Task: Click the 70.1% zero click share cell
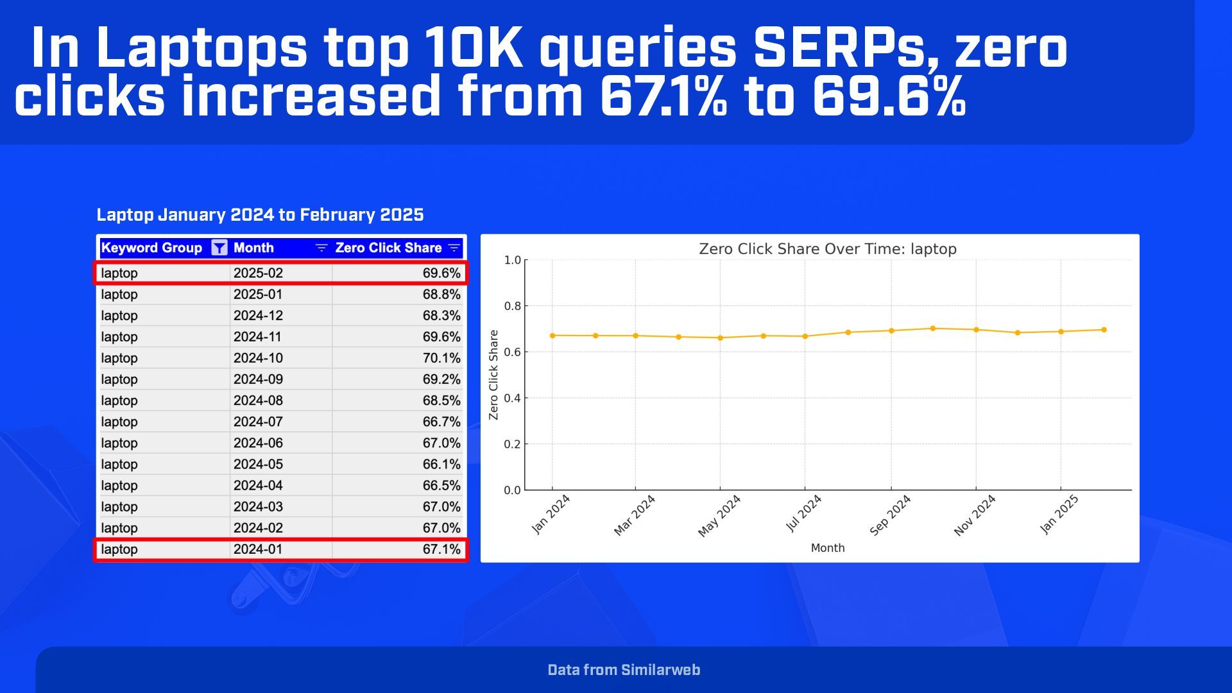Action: [441, 358]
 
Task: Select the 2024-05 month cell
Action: [258, 464]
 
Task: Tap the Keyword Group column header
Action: [151, 248]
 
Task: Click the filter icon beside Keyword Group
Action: [219, 248]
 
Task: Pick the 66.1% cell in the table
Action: [441, 464]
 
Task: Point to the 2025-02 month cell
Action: [258, 273]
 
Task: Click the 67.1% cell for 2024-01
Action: [441, 549]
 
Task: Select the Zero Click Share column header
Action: [388, 248]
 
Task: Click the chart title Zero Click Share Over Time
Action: [827, 249]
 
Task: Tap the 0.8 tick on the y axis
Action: [512, 306]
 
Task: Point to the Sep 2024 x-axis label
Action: [890, 515]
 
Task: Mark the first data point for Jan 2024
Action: [552, 336]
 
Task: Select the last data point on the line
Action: [1104, 330]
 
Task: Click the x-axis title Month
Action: [827, 548]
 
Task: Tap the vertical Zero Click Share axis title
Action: [493, 375]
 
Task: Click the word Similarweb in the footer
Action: [660, 670]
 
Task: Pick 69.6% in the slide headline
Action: [889, 96]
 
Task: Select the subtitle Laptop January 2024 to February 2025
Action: [260, 214]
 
